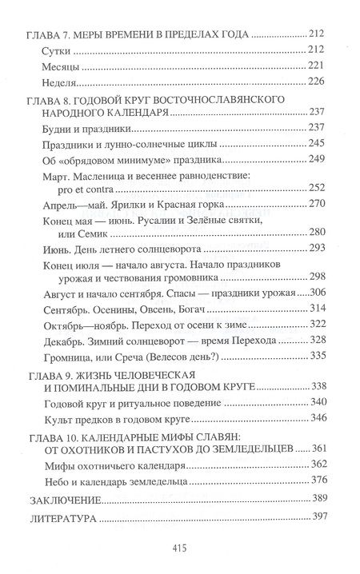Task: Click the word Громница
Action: pos(63,356)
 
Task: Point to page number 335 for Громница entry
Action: pos(318,356)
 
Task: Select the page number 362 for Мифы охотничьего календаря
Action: pos(318,465)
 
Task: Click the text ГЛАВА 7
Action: pos(45,35)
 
